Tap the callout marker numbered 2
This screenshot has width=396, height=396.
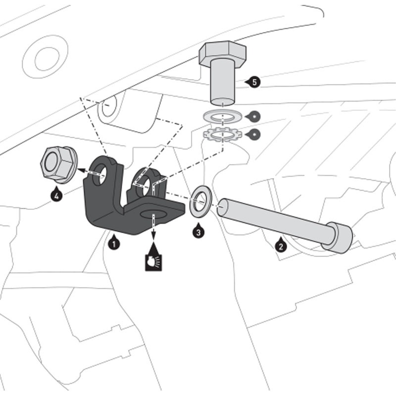pyautogui.click(x=280, y=245)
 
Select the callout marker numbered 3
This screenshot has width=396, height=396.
pyautogui.click(x=198, y=230)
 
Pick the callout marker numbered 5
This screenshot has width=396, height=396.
pyautogui.click(x=254, y=82)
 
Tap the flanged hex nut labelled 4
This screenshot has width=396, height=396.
pyautogui.click(x=57, y=163)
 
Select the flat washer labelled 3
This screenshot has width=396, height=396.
pyautogui.click(x=200, y=200)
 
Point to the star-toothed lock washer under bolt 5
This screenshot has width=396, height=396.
pyautogui.click(x=221, y=134)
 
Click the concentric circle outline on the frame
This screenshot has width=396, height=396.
pyautogui.click(x=45, y=58)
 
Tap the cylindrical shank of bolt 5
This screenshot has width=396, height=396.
pyautogui.click(x=223, y=82)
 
